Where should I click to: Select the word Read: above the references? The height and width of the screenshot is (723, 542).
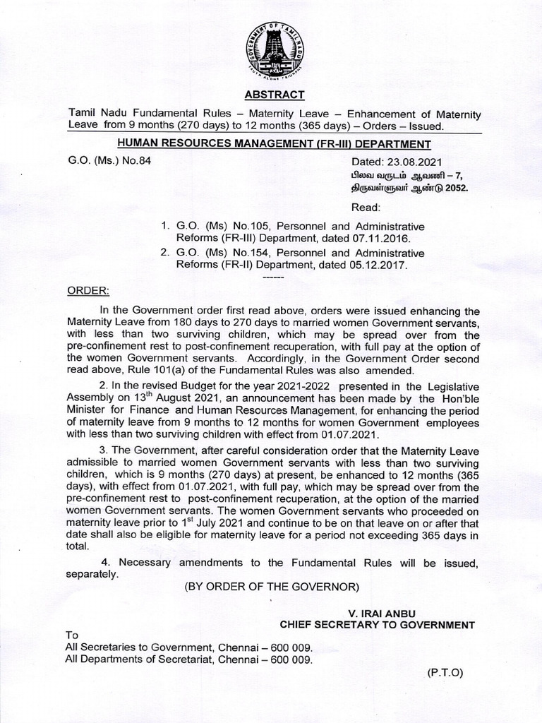click(x=366, y=208)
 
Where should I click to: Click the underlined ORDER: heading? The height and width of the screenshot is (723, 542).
click(x=88, y=291)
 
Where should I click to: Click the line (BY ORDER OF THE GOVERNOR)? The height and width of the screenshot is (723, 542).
click(x=272, y=586)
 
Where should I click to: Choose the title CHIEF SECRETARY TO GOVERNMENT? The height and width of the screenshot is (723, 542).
click(x=377, y=624)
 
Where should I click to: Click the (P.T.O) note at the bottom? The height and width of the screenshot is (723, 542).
click(x=445, y=673)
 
